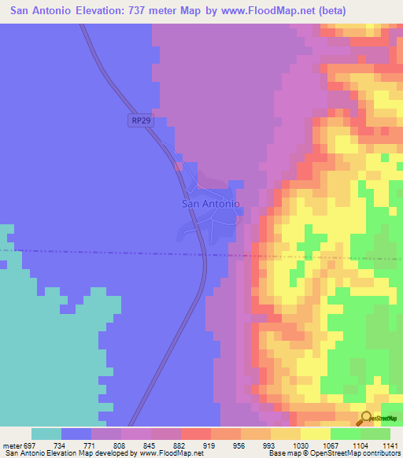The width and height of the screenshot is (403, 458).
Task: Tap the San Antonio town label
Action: click(210, 203)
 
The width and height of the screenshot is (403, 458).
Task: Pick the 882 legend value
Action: click(180, 445)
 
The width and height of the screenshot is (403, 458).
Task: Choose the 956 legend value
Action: click(240, 445)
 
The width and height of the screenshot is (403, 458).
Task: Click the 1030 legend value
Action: click(300, 445)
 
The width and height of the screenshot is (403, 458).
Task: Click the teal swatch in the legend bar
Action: click(46, 434)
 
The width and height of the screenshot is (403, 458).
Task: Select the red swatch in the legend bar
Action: click(196, 434)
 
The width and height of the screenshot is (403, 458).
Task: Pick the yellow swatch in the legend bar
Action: click(316, 434)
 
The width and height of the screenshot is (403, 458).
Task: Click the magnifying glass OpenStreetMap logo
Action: click(365, 418)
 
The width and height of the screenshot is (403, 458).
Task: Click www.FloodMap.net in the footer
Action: click(168, 453)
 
